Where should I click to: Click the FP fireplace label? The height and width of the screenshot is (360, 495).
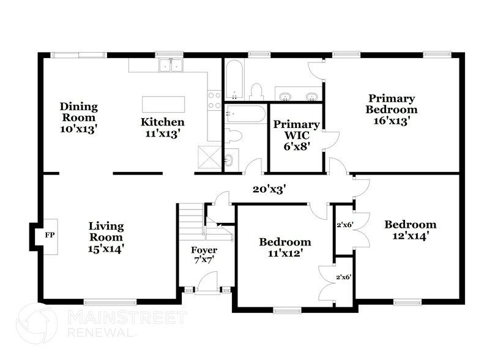click(x=49, y=234)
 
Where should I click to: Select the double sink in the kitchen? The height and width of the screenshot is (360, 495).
click(x=171, y=65)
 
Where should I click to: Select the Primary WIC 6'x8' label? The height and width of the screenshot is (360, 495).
click(x=296, y=135)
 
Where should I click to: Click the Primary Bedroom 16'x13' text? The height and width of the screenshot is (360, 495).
click(x=391, y=110)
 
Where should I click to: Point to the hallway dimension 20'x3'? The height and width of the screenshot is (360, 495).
click(x=270, y=189)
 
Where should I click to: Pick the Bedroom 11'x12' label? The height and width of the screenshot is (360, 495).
click(x=285, y=247)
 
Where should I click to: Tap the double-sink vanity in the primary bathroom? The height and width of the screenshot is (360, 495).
click(x=297, y=96)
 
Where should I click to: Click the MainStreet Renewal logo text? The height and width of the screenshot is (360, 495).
click(x=125, y=323)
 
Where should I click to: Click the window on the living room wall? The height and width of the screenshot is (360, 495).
click(x=110, y=301)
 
